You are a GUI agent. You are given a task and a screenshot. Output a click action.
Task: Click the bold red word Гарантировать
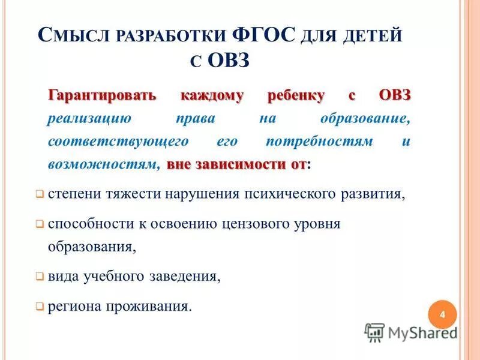click(102, 95)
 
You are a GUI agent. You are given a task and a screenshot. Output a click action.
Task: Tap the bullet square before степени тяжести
click(39, 194)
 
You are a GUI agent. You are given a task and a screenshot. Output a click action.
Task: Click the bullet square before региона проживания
click(39, 307)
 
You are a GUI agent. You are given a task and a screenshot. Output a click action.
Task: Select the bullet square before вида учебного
click(39, 277)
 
